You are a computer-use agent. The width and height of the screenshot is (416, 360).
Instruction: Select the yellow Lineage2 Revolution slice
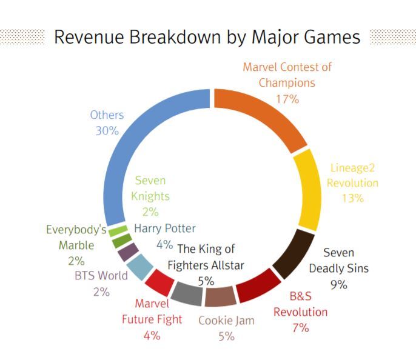[x=309, y=190]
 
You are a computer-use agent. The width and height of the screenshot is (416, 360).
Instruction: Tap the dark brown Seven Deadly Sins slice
[x=294, y=253]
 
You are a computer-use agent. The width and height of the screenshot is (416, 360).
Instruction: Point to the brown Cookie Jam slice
[x=220, y=296]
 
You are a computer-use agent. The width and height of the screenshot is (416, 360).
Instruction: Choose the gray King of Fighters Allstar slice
[x=187, y=293]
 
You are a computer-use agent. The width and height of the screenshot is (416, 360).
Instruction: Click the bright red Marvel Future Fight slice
[x=159, y=282]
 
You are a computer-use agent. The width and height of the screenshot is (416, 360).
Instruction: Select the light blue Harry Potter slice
[x=139, y=267]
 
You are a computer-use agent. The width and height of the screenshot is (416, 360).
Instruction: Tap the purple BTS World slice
[x=128, y=252]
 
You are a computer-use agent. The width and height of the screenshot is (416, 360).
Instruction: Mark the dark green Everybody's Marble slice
[x=122, y=241]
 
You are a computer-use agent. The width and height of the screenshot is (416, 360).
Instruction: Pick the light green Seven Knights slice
[x=118, y=231]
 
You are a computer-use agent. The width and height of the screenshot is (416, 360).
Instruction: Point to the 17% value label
[x=287, y=99]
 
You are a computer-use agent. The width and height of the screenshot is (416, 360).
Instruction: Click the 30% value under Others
[x=107, y=131]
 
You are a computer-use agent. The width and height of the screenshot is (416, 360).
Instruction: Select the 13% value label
[x=352, y=198]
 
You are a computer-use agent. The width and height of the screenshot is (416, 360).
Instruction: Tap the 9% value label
[x=339, y=285]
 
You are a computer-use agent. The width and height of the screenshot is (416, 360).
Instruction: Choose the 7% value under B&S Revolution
[x=301, y=328]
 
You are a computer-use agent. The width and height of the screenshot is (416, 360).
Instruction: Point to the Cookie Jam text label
[x=226, y=321]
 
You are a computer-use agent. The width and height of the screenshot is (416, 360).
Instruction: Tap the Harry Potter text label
[x=165, y=228]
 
